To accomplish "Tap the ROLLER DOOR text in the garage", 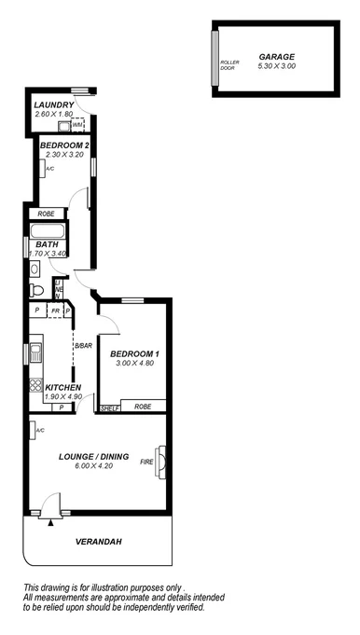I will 229,65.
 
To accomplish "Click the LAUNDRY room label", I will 53,104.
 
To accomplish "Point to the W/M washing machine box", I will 76,124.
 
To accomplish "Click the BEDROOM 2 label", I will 64,145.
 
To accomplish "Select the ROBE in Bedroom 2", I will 46,214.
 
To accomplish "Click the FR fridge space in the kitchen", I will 55,311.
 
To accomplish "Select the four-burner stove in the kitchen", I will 36,386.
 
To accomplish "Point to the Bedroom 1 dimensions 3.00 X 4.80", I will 135,365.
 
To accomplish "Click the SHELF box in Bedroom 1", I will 109,407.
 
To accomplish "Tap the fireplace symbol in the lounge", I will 162,460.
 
